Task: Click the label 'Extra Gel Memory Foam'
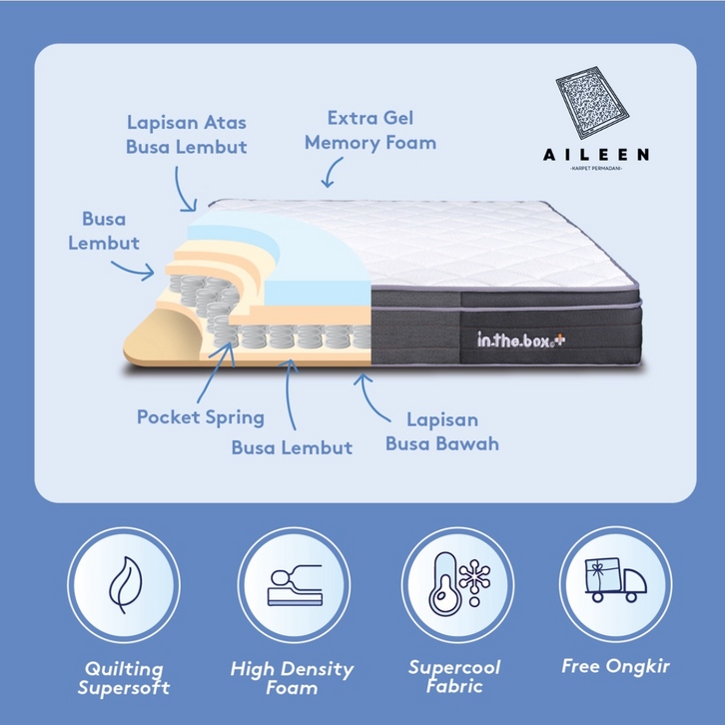click(x=370, y=130)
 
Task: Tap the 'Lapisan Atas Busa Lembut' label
click(x=187, y=134)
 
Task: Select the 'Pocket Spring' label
click(x=201, y=416)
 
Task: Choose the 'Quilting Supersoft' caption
click(x=125, y=677)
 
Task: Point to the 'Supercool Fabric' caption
click(x=454, y=677)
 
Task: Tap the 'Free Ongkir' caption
click(x=615, y=666)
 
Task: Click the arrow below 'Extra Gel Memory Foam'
click(x=328, y=176)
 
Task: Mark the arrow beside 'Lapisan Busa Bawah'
click(x=371, y=396)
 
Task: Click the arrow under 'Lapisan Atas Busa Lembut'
click(x=183, y=189)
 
